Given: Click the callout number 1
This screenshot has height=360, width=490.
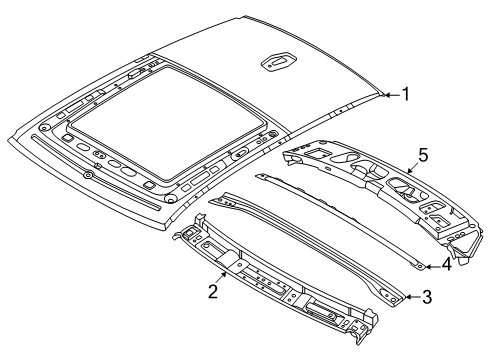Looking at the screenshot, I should [405, 95].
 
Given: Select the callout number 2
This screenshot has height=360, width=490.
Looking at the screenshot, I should [212, 292].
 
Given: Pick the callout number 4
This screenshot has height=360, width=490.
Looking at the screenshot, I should [447, 265].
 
